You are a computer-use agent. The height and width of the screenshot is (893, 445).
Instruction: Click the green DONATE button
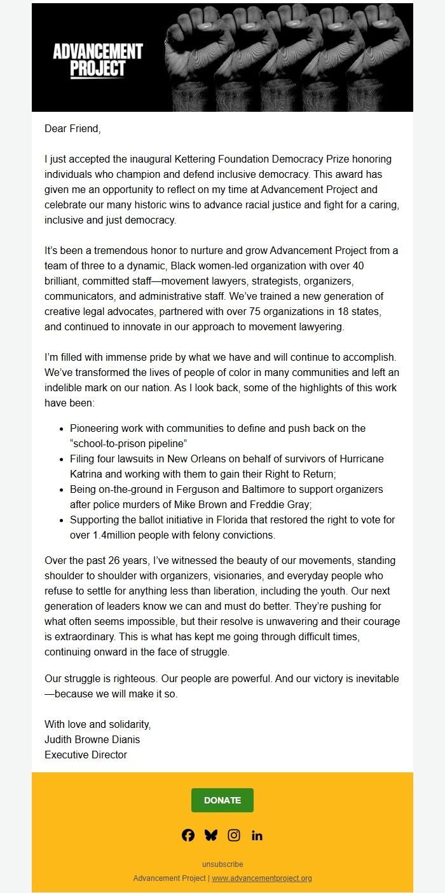(222, 800)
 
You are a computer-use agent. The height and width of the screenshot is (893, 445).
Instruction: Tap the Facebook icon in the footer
(188, 835)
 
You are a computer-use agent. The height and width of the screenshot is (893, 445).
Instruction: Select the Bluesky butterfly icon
(211, 835)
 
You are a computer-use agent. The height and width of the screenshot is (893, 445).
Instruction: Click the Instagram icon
(234, 835)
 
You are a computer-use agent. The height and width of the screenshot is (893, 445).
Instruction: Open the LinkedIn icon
(257, 835)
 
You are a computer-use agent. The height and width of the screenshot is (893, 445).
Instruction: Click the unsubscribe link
(222, 864)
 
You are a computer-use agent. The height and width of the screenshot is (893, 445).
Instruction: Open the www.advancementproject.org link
(262, 878)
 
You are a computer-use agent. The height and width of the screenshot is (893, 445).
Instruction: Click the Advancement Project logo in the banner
(98, 60)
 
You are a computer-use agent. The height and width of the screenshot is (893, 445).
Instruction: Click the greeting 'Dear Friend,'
(72, 129)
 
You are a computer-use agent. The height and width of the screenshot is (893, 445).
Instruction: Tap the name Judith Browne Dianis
(92, 740)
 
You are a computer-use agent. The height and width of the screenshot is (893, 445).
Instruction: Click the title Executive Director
(86, 755)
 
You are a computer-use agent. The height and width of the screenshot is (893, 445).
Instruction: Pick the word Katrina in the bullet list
(88, 474)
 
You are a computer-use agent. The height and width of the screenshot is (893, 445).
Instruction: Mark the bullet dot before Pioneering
(60, 429)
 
